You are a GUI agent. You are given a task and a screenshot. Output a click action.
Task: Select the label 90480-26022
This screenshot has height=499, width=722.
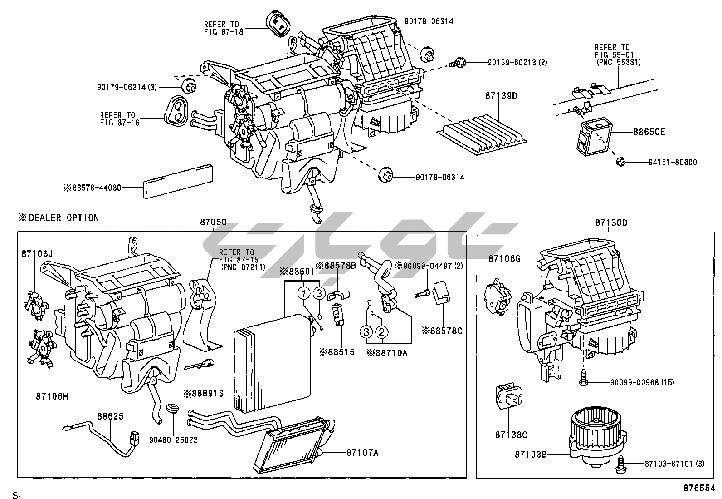coord(174,440)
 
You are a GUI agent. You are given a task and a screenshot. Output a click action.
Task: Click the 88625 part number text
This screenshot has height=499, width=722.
coord(110,416)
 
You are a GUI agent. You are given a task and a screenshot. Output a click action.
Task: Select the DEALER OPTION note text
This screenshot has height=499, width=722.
coord(59,217)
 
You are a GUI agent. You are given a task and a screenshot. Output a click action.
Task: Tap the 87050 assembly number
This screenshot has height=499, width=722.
coord(213,222)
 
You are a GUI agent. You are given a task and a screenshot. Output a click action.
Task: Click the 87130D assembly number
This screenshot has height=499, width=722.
coord(611,222)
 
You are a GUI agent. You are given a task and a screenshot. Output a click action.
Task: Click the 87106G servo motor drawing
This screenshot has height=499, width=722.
coord(498,298)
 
